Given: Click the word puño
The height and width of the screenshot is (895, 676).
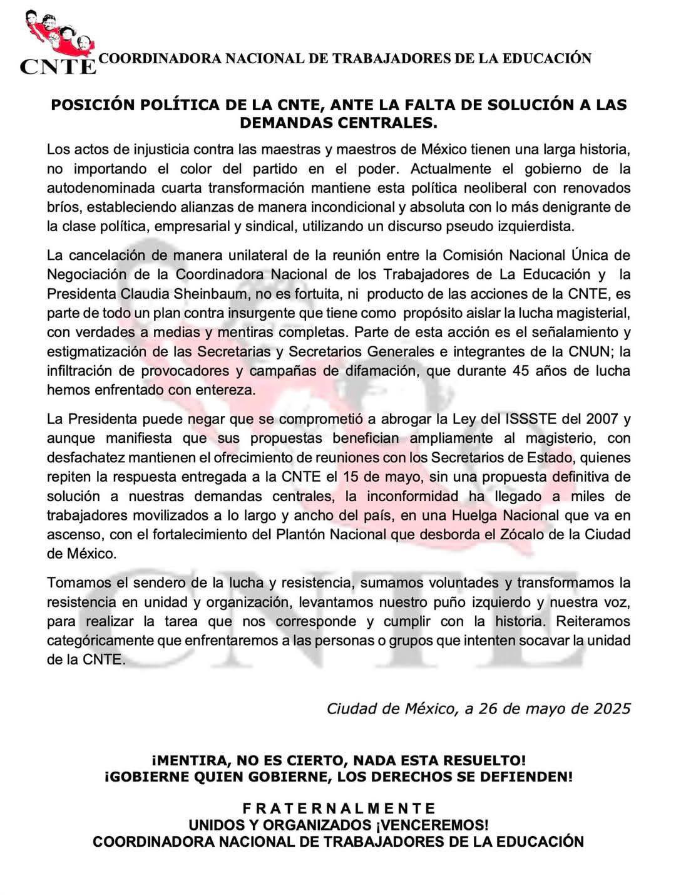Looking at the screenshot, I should coord(409,603).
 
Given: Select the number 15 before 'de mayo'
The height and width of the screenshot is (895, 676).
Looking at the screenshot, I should coord(352,477).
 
